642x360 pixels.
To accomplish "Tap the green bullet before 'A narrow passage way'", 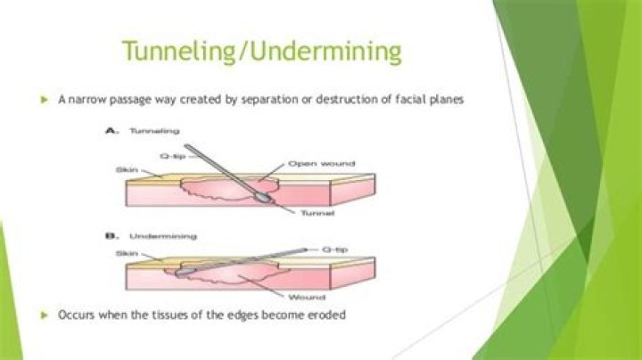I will tap(44, 102).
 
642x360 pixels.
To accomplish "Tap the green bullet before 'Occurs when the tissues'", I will tap(44, 315).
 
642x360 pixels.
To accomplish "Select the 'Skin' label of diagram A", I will tap(126, 168).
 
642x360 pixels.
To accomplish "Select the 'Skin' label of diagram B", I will tap(126, 253).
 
